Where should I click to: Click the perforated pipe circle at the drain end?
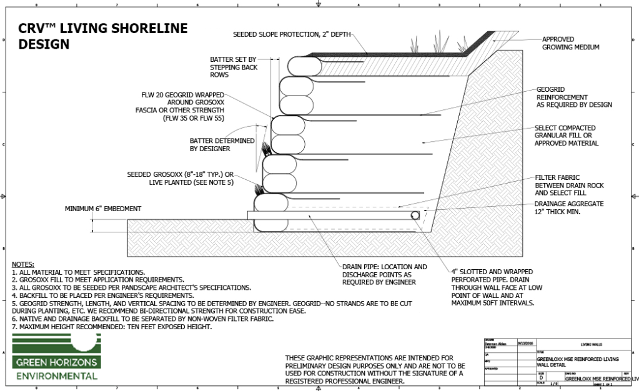(x=415, y=215)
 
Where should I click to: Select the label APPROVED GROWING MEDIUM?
(x=570, y=43)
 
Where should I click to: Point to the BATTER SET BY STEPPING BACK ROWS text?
(x=232, y=67)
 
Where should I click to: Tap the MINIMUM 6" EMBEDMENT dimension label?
(x=103, y=209)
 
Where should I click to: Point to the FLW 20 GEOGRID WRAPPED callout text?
(x=183, y=106)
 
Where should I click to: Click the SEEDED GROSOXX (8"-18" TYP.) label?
(x=179, y=177)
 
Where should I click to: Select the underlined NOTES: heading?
(x=23, y=265)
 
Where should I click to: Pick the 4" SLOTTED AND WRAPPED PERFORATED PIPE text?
(x=492, y=287)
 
